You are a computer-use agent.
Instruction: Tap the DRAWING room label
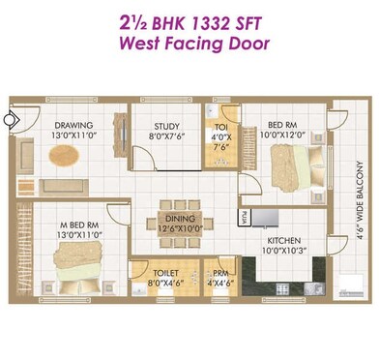tap(73, 125)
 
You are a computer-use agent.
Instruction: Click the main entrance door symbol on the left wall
tap(9, 121)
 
